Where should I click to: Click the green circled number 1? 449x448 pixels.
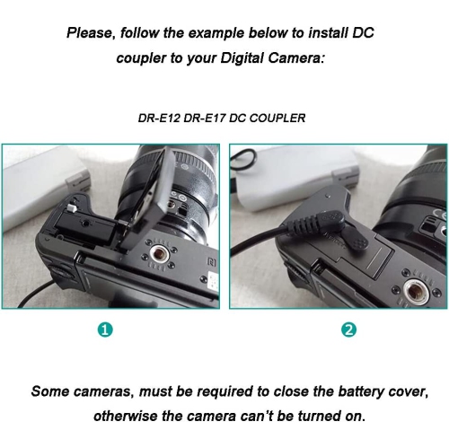point(106,329)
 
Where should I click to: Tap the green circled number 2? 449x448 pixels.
point(348,329)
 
